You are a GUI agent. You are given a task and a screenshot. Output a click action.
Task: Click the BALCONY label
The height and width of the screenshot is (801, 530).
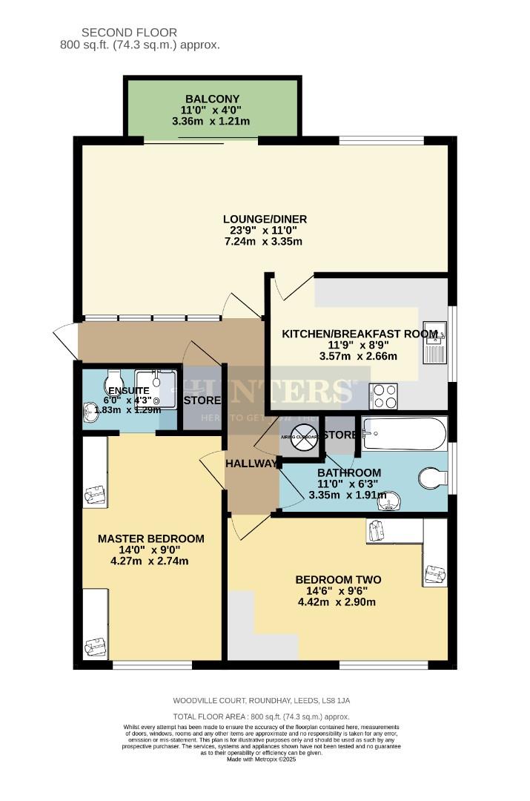coord(212,99)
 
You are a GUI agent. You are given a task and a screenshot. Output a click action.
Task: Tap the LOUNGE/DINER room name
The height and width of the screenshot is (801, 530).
coord(265,219)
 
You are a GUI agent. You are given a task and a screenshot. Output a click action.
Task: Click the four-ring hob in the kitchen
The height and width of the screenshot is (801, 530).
coord(384,396)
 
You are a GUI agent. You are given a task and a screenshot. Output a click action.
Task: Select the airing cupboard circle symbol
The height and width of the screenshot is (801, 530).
coord(301,437)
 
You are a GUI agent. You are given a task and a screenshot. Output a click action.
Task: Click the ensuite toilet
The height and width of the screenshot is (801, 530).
coord(116,379)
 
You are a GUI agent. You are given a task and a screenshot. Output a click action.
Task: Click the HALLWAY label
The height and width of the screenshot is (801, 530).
coord(251,464)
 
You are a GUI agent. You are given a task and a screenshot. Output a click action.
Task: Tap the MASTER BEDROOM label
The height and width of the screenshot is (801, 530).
coord(150,538)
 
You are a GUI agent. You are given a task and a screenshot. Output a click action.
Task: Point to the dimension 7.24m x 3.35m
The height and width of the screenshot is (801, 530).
coord(265,242)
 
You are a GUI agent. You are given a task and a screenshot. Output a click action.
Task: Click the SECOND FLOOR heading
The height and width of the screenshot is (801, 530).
coord(129,32)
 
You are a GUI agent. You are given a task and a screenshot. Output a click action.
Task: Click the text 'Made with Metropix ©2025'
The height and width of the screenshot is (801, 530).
coord(265,759)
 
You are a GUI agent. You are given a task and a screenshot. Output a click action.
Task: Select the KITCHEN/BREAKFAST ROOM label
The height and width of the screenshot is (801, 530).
coord(360,334)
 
